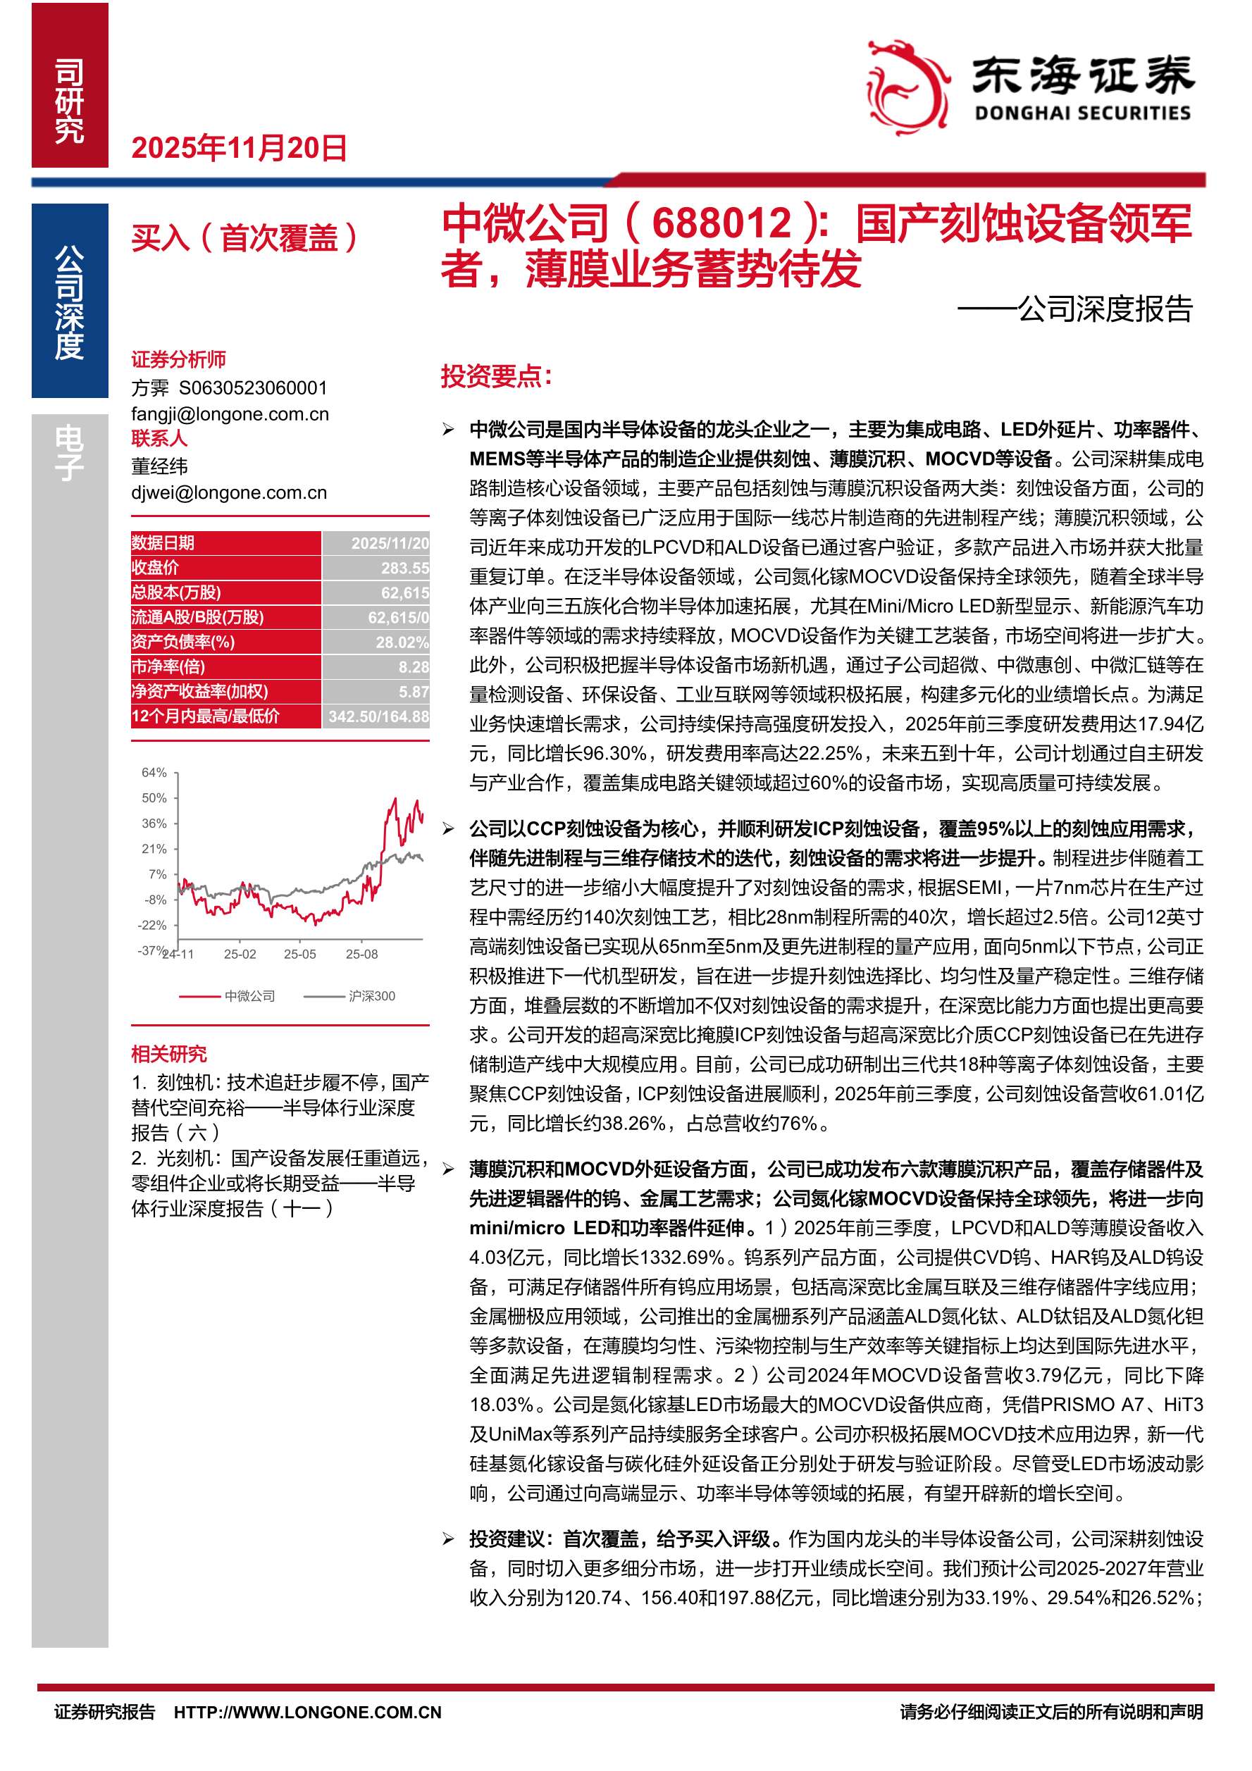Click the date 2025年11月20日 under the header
[x=239, y=148]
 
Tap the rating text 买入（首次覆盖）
[x=245, y=237]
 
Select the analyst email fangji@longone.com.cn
[x=230, y=414]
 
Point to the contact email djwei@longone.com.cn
[x=229, y=492]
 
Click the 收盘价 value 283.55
[x=404, y=568]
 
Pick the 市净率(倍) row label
[x=168, y=666]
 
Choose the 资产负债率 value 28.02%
[x=401, y=642]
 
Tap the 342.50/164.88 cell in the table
[x=378, y=716]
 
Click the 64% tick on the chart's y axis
[x=154, y=772]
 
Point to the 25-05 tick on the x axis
[x=299, y=954]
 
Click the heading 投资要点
[x=496, y=376]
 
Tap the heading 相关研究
[x=169, y=1054]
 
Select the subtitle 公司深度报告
[x=1105, y=309]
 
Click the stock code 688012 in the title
[x=721, y=224]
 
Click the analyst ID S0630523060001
[x=253, y=388]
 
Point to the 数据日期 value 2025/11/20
[x=390, y=543]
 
